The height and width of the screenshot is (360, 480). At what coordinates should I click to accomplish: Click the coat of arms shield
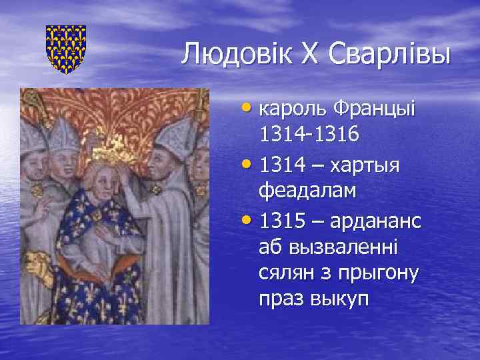point(66,49)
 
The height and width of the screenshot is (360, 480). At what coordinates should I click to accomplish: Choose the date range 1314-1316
point(311,135)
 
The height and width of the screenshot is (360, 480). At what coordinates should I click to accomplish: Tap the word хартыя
point(364,164)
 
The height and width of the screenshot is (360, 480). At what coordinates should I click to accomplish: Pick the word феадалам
point(307,191)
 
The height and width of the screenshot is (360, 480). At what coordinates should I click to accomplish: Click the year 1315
point(283,219)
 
